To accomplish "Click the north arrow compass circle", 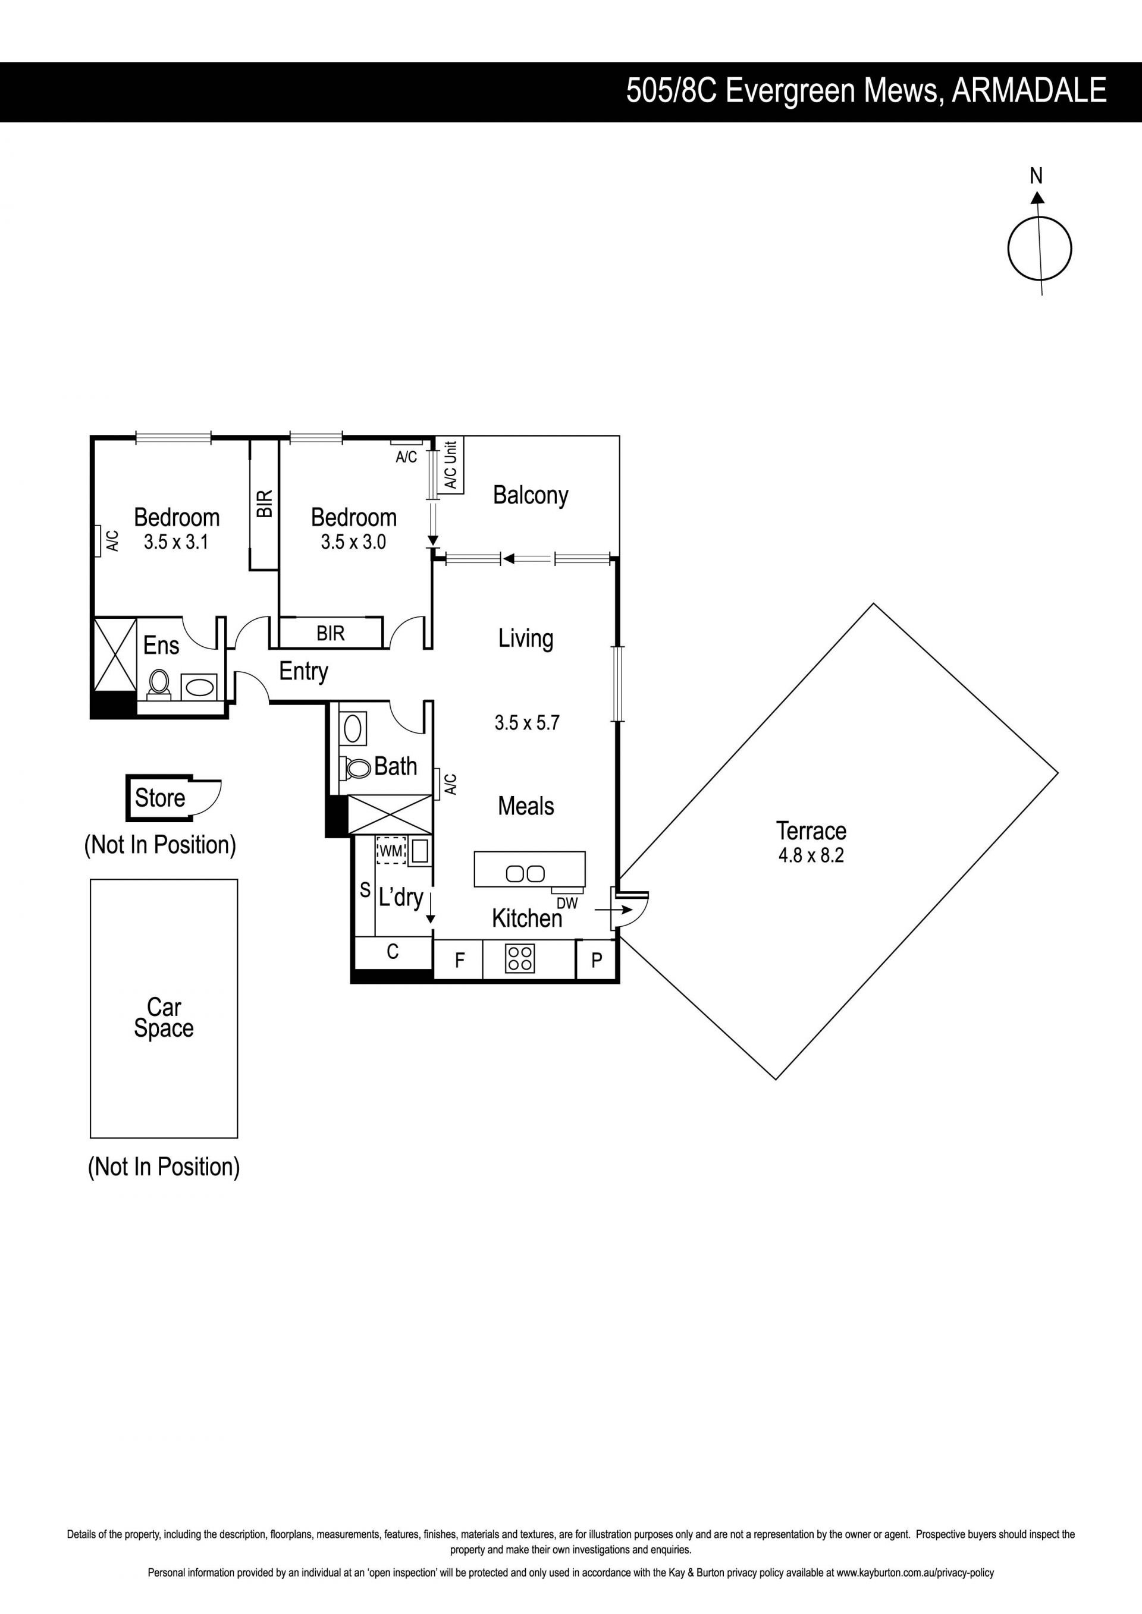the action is [x=1008, y=249].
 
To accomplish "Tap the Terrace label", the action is [x=811, y=831].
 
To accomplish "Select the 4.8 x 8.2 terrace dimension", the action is [x=811, y=855].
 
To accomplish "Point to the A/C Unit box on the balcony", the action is [x=450, y=465].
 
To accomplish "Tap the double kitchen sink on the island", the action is [x=525, y=874].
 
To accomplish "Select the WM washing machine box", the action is [x=391, y=851].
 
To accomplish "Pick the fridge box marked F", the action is [x=459, y=959].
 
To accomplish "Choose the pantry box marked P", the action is [x=597, y=959].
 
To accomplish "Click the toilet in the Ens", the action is [x=159, y=683].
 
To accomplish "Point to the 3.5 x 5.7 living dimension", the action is [x=527, y=723].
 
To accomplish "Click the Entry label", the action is [x=304, y=671].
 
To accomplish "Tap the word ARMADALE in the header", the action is [x=1029, y=92].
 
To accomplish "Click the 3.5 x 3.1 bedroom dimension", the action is [x=176, y=542].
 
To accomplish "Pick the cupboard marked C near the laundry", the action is [x=393, y=952].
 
